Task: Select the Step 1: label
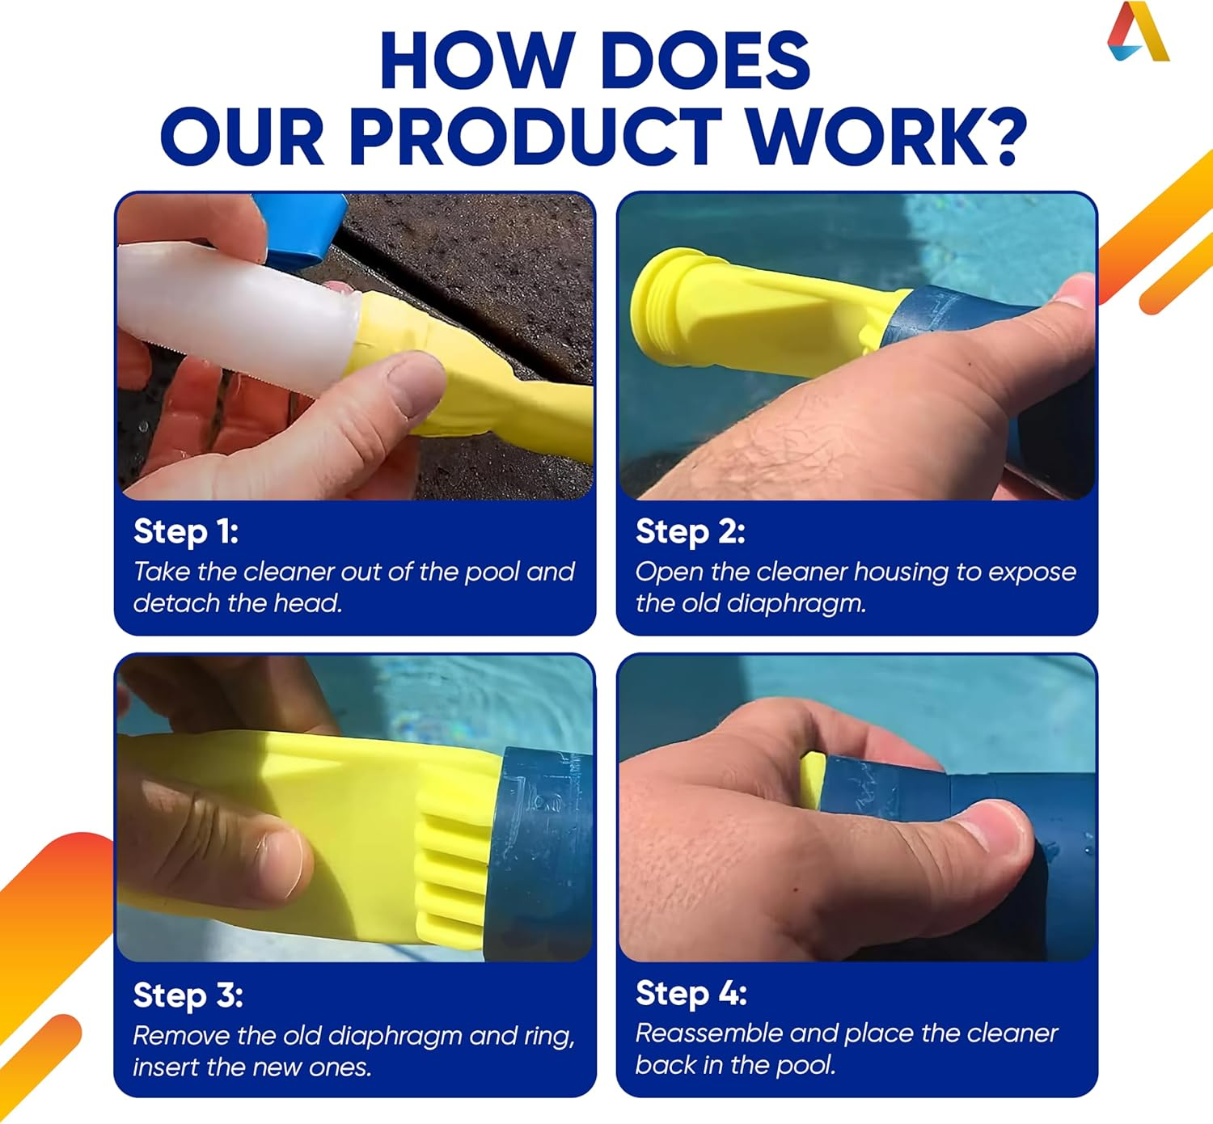(186, 531)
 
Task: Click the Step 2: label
(690, 531)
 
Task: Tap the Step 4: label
(691, 993)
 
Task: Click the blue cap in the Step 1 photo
(299, 230)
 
